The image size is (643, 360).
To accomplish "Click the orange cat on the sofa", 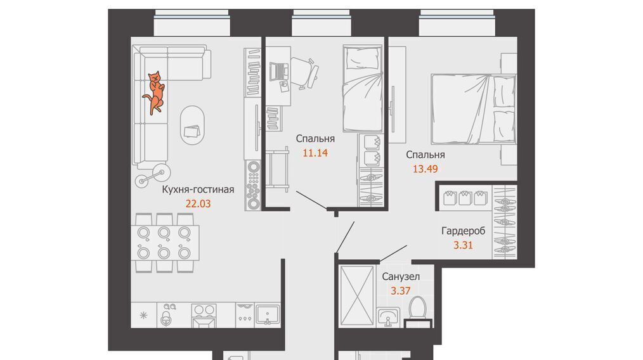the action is [155, 93].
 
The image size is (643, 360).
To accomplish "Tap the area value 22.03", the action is [198, 204].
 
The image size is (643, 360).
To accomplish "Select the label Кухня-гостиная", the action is [198, 190].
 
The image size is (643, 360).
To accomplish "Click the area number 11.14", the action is [315, 153].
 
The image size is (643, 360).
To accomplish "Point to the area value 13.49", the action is [425, 169].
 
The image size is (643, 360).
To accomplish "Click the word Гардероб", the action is [464, 231].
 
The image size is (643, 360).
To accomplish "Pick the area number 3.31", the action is [463, 246].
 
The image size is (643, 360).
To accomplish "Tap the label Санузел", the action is [401, 277].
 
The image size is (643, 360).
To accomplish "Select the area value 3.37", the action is [400, 291].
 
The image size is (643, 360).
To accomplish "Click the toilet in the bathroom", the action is [419, 309].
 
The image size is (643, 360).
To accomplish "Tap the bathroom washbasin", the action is [388, 318].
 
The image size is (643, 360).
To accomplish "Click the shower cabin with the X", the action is [357, 296].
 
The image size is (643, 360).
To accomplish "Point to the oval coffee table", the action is [192, 125].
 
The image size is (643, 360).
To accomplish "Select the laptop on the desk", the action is [280, 71].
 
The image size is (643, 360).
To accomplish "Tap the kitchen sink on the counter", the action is [268, 315].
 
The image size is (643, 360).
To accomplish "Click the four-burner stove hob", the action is [204, 315].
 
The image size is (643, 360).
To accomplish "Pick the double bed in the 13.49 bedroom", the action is [473, 108].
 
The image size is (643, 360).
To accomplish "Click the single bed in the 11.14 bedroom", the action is [363, 89].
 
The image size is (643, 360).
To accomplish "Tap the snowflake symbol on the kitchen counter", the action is [143, 315].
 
